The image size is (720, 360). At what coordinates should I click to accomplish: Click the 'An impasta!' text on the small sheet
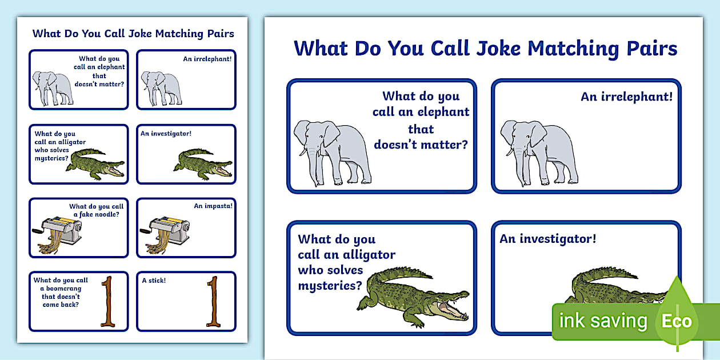click(x=213, y=206)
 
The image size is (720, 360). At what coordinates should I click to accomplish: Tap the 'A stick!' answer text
click(x=154, y=281)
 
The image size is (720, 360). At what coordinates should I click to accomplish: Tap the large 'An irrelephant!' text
click(x=626, y=97)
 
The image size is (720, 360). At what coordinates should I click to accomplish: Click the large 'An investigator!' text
click(x=547, y=239)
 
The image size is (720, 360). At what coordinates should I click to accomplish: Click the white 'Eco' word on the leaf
click(x=677, y=321)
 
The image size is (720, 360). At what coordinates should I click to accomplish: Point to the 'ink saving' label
click(x=603, y=321)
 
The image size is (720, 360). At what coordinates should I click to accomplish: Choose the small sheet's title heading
click(x=133, y=33)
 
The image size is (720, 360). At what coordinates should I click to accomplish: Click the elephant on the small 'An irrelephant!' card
click(x=161, y=88)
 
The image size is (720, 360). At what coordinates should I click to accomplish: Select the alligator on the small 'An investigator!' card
click(x=203, y=163)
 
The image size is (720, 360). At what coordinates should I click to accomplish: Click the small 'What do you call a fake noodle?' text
click(x=96, y=210)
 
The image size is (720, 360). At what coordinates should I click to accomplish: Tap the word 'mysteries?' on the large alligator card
click(x=330, y=285)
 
